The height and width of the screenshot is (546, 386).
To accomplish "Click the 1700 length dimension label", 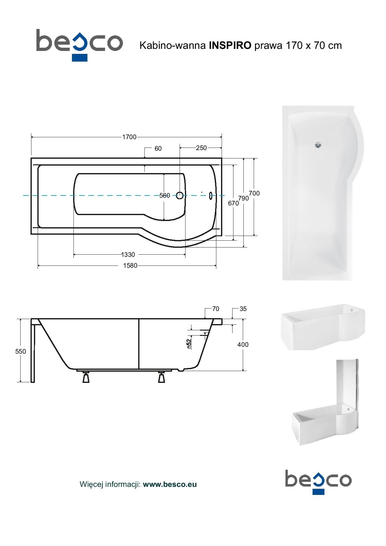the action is coord(129,137).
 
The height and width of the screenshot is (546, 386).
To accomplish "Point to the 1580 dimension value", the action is coord(130,266).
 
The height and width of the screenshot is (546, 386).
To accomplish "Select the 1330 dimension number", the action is coord(128,255).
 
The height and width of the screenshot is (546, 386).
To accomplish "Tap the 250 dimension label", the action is coord(201,148).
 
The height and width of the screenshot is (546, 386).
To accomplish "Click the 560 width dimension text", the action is coord(165,195).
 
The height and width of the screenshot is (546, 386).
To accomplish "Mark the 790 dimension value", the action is coord(243,198).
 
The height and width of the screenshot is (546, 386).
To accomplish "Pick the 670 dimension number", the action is coord(233,203).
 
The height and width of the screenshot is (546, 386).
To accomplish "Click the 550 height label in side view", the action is coord(21,351).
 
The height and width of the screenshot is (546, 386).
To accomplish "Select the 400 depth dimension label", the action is coord(243,345).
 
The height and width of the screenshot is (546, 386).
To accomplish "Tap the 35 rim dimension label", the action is coord(243,309).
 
